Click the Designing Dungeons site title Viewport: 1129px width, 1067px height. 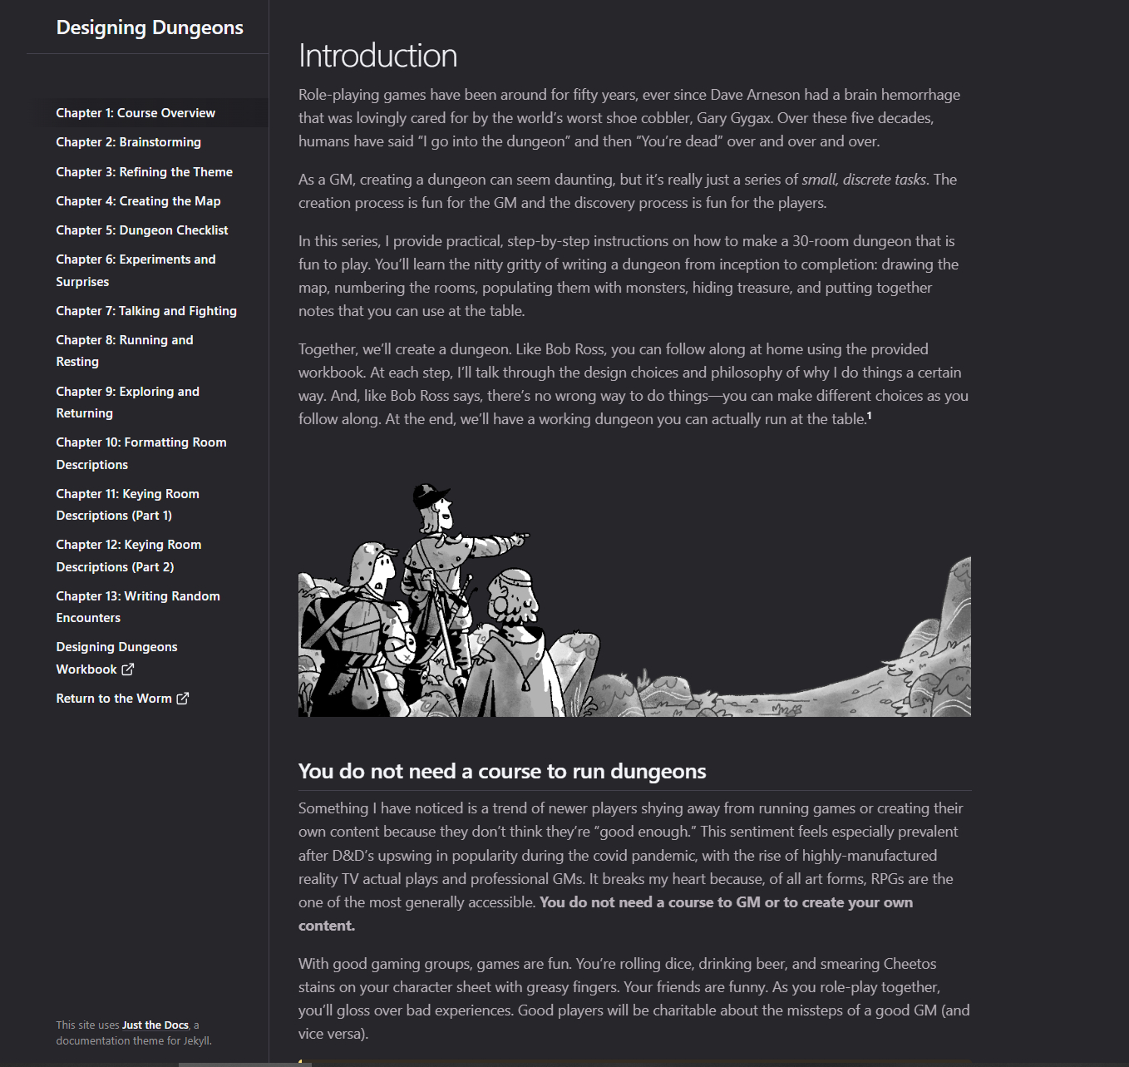point(150,27)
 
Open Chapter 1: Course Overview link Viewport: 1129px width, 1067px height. point(136,113)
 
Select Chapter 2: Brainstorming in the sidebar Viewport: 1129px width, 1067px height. point(128,142)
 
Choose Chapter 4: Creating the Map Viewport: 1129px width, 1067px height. point(138,201)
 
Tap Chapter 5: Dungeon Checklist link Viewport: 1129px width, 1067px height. point(141,230)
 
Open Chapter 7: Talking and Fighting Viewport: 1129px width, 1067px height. point(146,311)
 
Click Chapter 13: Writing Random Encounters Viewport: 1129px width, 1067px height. point(138,607)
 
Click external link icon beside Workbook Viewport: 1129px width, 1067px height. point(127,669)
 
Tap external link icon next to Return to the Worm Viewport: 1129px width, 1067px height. point(182,699)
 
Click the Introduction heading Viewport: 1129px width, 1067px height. point(377,56)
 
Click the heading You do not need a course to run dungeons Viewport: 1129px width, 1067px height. point(501,772)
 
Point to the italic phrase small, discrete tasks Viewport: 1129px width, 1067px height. point(863,180)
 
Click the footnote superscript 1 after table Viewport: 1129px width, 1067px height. point(870,416)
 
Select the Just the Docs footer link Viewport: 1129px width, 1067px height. point(155,1025)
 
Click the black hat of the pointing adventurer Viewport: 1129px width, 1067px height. point(429,496)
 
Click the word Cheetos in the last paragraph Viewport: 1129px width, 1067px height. point(910,964)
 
